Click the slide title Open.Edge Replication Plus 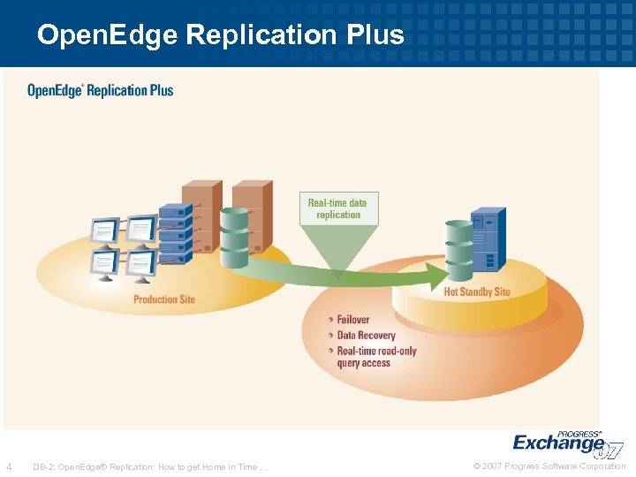(x=220, y=34)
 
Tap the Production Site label (x=164, y=299)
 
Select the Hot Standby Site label (x=477, y=291)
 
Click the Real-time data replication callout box (x=337, y=208)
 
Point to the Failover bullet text (x=353, y=320)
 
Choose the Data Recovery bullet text (x=366, y=336)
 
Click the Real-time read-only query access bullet (x=376, y=357)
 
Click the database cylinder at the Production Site (x=234, y=237)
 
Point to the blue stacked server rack (x=175, y=231)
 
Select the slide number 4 (x=9, y=466)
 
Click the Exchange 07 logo (x=565, y=443)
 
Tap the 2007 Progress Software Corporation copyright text (x=549, y=466)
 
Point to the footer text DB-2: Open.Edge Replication (x=150, y=466)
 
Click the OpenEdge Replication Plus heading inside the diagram (x=100, y=90)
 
